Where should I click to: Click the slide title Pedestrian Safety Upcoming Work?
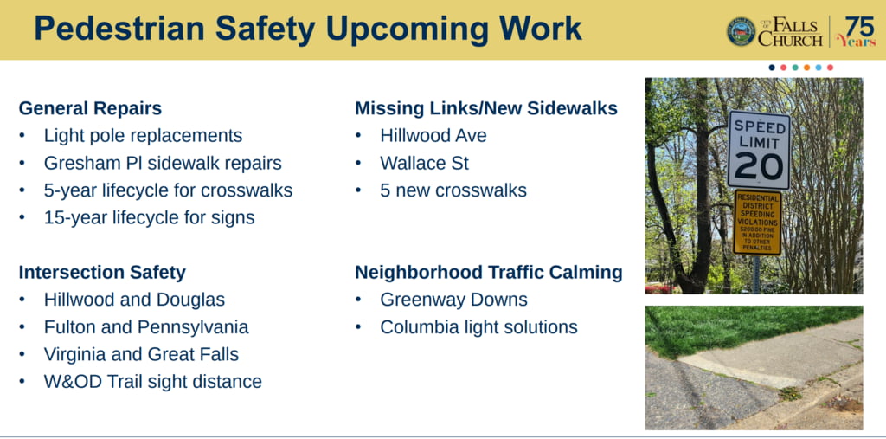308,29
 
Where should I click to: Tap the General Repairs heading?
90,108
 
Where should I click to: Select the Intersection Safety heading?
102,273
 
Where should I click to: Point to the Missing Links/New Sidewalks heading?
486,108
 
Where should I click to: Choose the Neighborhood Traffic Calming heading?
489,273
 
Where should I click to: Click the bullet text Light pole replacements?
143,136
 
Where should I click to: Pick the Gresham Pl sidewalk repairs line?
163,163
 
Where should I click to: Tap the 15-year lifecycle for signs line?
149,218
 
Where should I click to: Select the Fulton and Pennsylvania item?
146,327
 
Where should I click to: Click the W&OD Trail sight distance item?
153,381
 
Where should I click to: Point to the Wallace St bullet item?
424,163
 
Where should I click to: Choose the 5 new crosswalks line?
453,190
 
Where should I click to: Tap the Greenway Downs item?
453,300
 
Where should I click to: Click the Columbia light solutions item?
478,327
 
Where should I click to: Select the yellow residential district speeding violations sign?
757,222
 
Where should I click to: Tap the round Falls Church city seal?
741,31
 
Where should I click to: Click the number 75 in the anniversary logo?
860,26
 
